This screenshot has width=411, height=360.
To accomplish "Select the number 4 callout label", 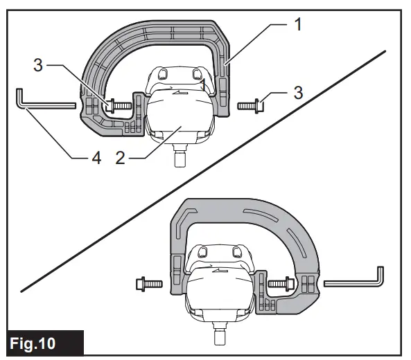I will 96,158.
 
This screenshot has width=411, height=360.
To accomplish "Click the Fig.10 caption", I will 43,343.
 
